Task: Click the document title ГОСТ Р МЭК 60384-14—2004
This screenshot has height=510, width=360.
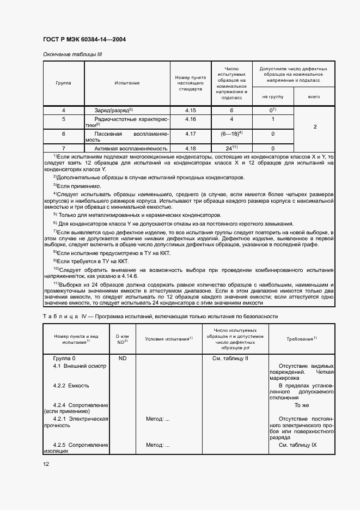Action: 88,40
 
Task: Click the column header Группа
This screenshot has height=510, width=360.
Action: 63,83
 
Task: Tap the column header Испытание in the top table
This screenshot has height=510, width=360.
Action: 127,83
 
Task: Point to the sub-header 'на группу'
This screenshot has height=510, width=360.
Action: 272,96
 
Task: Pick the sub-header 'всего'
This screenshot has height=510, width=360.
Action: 314,96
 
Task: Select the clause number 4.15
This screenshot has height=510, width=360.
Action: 190,111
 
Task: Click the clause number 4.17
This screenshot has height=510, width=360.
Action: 190,133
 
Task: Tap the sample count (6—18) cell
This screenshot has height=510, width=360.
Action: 231,133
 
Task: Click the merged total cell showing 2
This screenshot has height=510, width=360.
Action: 315,126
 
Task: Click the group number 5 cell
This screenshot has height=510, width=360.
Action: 63,119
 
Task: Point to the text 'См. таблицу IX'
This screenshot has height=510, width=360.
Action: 297,445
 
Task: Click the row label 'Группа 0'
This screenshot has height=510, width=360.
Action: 64,359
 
